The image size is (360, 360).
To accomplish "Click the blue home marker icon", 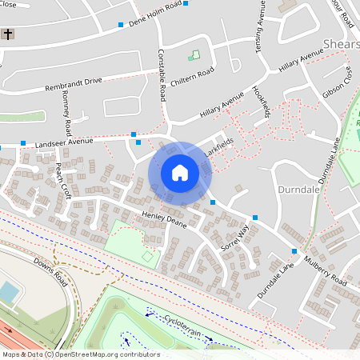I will point(179,173).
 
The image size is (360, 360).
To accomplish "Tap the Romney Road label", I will point(66,113).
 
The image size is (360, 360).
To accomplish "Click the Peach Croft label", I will point(63,181).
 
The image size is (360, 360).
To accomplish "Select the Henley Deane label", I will point(164,221).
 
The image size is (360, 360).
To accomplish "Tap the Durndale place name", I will point(298,190).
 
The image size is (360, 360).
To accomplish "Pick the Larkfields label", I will point(218,143).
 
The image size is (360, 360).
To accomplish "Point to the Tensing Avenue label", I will point(259,28).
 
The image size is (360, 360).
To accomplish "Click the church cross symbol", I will point(8,34).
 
